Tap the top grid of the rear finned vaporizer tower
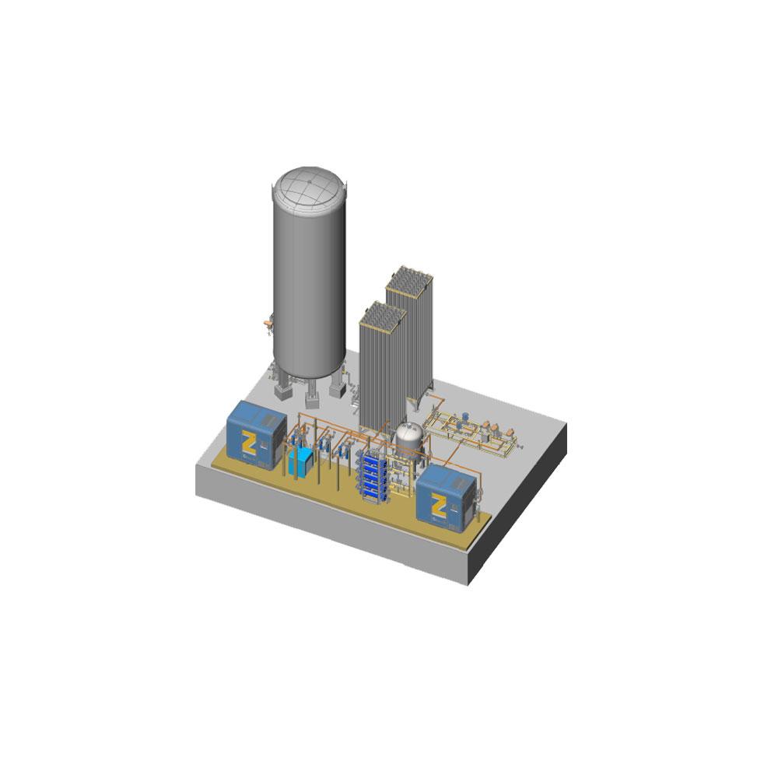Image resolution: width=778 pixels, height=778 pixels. [x=409, y=279]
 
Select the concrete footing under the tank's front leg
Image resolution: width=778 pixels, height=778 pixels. [x=311, y=399]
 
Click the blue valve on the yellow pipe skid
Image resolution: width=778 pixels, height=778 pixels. [x=464, y=418]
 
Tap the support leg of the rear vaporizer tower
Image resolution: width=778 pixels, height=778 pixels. [x=424, y=401]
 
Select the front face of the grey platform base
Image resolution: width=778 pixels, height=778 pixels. [x=327, y=528]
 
